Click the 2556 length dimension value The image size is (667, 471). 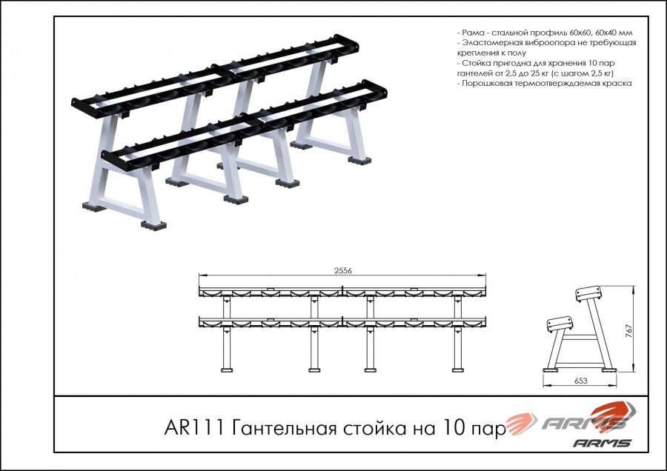[343, 271]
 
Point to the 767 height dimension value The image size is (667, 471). [629, 331]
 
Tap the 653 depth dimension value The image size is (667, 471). [580, 381]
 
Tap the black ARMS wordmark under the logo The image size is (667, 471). [602, 443]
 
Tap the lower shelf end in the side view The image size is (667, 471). [560, 324]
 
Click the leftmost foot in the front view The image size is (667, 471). [227, 370]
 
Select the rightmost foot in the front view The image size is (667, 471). [458, 370]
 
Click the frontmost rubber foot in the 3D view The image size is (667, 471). [153, 225]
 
